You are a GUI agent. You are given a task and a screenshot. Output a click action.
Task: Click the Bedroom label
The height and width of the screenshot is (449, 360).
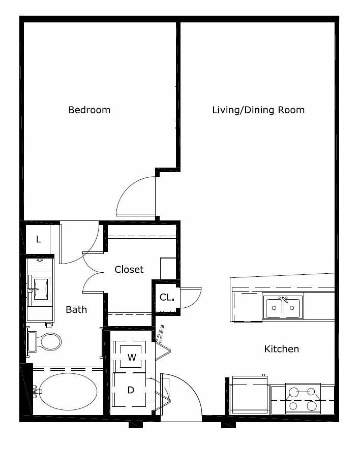click(x=89, y=110)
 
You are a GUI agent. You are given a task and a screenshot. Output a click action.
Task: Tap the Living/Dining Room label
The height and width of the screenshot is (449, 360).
click(x=258, y=110)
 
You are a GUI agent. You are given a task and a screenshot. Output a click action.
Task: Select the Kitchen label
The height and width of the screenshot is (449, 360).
click(x=282, y=349)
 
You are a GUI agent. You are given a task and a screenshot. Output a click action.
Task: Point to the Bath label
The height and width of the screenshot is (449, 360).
click(x=76, y=309)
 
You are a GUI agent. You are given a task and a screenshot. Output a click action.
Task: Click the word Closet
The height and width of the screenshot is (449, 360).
click(x=129, y=270)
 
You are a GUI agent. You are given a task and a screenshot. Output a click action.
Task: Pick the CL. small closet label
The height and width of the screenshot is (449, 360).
click(x=167, y=297)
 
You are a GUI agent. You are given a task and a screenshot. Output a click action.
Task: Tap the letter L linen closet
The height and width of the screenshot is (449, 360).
click(x=39, y=239)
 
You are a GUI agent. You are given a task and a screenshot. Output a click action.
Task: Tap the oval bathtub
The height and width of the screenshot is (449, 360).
click(x=68, y=392)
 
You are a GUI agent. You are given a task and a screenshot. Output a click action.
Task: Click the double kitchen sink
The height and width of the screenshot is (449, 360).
click(x=283, y=307)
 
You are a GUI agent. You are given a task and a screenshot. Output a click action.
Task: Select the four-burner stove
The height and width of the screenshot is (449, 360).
click(x=303, y=398)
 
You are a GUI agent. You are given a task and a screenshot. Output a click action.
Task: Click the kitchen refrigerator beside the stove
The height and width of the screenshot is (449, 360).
click(x=250, y=395)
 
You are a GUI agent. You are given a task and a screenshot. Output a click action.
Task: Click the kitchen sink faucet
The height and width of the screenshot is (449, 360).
click(x=284, y=300)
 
